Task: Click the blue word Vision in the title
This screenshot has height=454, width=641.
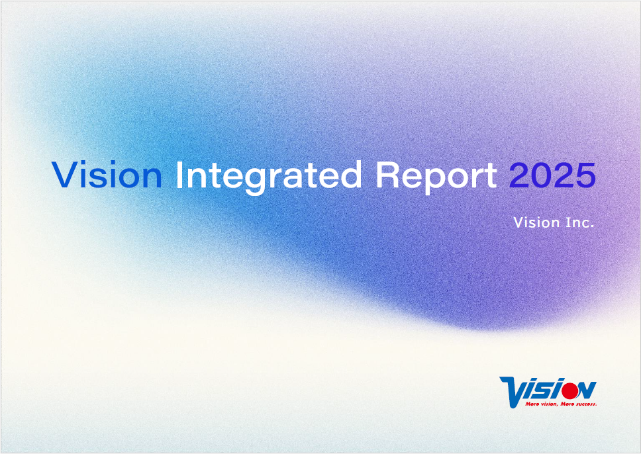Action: click(107, 175)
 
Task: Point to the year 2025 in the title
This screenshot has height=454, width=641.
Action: click(552, 175)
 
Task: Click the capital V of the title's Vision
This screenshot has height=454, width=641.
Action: click(65, 175)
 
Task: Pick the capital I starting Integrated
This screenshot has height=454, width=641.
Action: click(179, 175)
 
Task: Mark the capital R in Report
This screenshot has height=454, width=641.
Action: click(387, 175)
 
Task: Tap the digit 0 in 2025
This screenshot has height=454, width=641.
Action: click(541, 175)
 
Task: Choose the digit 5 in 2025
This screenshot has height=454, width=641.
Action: click(585, 175)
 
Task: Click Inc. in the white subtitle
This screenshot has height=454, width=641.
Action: click(579, 222)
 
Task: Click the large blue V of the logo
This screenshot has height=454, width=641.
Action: click(513, 392)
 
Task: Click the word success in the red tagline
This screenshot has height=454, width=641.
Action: click(585, 404)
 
